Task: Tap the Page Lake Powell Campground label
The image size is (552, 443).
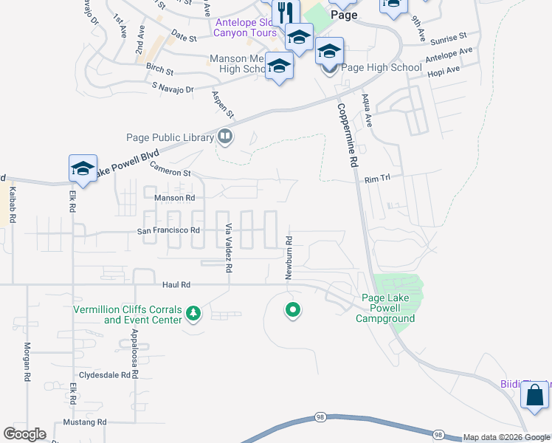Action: pyautogui.click(x=385, y=308)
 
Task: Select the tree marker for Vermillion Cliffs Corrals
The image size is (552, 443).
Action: pyautogui.click(x=193, y=314)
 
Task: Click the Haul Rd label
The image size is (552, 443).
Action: pyautogui.click(x=176, y=284)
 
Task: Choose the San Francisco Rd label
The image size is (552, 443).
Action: pyautogui.click(x=169, y=230)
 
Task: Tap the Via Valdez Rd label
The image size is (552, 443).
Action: pyautogui.click(x=229, y=249)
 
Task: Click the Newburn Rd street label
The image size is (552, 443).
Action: pyautogui.click(x=290, y=258)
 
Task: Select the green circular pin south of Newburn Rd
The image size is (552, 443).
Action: pyautogui.click(x=293, y=310)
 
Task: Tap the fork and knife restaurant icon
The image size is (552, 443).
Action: pyautogui.click(x=284, y=13)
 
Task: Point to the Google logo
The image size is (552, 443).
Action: pyautogui.click(x=24, y=434)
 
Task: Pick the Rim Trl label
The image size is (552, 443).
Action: pyautogui.click(x=376, y=179)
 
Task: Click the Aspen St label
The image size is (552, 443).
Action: pyautogui.click(x=222, y=105)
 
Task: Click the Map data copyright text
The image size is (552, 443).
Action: pyautogui.click(x=506, y=437)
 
